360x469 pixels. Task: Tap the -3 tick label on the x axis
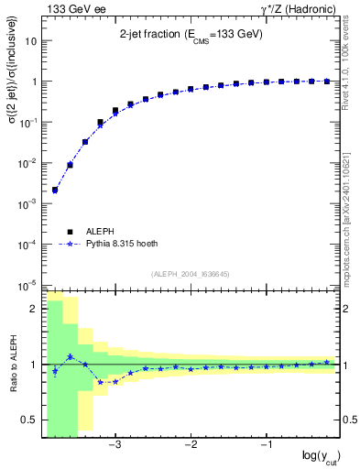pyautogui.click(x=115, y=445)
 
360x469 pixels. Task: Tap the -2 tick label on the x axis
pyautogui.click(x=191, y=445)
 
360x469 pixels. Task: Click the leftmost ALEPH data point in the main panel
pyautogui.click(x=55, y=190)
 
